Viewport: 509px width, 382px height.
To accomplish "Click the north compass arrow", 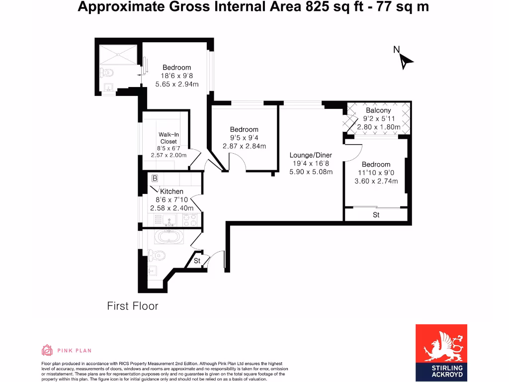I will pos(406,61).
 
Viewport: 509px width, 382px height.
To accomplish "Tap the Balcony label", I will pos(378,110).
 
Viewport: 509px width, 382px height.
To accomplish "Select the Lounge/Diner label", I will pos(311,155).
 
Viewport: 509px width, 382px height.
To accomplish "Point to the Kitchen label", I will pos(171,191).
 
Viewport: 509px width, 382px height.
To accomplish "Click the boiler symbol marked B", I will pos(155,178).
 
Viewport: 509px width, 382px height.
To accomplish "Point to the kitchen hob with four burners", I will pos(189,219).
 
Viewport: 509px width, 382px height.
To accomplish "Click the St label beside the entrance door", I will pos(197,261).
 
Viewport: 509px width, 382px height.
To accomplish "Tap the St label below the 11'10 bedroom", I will pos(376,215).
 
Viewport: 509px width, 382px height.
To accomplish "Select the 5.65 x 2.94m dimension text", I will pos(177,85).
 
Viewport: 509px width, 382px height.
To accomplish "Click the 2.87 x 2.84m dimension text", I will pos(244,146).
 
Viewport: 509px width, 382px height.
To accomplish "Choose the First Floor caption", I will pos(133,306).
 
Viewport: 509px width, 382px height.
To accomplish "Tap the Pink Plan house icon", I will pos(47,350).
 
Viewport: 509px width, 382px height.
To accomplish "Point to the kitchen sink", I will pos(170,219).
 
